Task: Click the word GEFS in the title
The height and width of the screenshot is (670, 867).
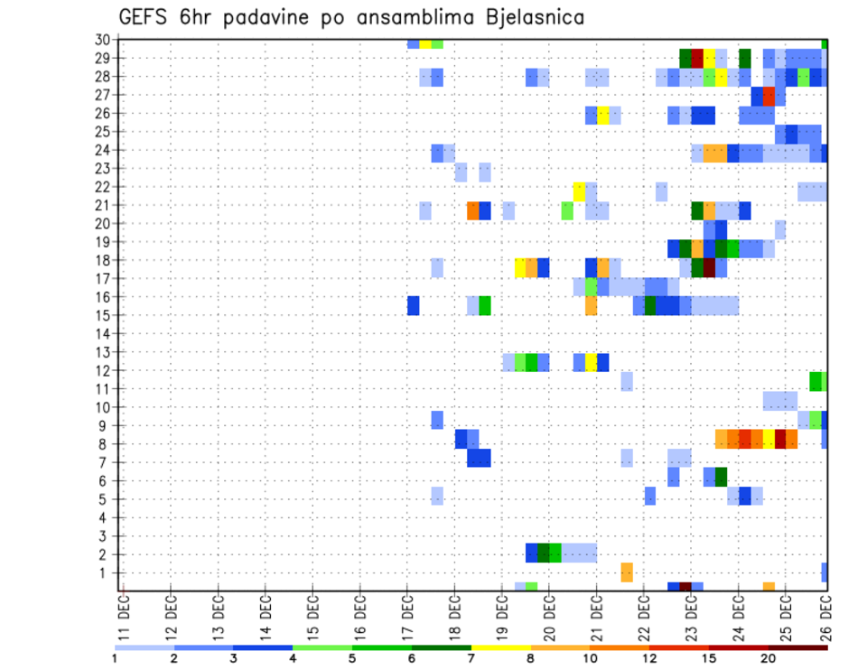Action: click(148, 17)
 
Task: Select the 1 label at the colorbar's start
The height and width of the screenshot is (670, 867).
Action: click(116, 657)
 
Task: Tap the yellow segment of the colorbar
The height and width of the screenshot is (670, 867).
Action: click(500, 647)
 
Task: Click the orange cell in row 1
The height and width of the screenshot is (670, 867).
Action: click(627, 572)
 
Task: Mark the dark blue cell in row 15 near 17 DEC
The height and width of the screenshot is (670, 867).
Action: click(413, 306)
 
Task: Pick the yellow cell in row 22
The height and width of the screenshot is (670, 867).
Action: click(579, 191)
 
